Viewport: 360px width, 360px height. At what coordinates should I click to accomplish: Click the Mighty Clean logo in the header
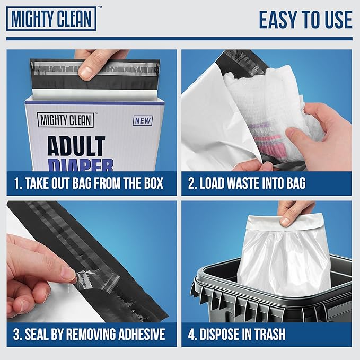tap(51, 19)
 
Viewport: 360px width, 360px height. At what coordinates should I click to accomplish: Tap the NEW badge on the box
tap(143, 120)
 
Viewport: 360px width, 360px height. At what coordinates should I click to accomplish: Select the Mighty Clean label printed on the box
tap(65, 120)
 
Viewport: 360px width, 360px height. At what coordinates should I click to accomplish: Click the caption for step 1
tap(89, 185)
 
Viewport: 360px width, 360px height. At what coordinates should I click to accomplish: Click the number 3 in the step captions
tap(17, 335)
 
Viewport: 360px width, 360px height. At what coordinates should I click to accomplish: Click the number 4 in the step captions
tap(192, 335)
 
